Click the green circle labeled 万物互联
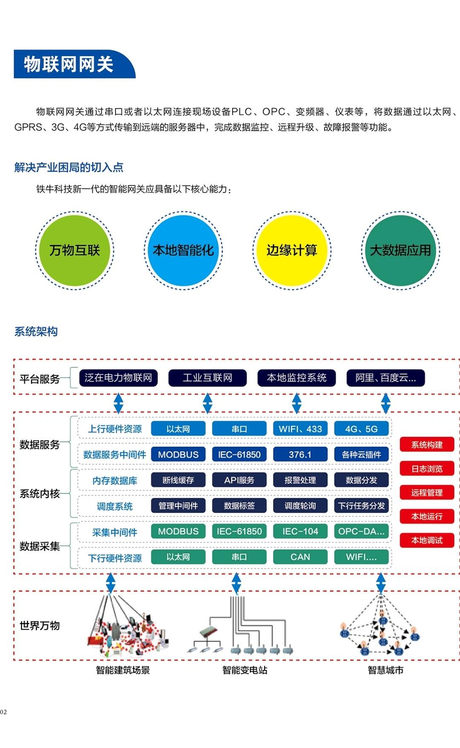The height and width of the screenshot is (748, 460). point(75,251)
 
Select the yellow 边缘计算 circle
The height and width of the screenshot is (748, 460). point(292,251)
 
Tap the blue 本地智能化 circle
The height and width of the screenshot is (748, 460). point(183,251)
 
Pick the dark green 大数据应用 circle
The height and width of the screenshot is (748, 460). point(400,251)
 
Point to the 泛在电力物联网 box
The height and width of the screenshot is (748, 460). point(118,378)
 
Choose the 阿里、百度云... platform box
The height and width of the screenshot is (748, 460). point(385,378)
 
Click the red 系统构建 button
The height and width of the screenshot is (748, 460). point(427,445)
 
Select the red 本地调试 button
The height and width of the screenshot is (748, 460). point(427,540)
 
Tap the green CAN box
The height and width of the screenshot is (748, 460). point(300,557)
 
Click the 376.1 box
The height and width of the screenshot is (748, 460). point(300,455)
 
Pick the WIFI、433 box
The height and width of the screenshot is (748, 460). point(300,429)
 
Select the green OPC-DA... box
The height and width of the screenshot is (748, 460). point(361,531)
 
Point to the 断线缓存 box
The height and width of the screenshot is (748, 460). point(178,480)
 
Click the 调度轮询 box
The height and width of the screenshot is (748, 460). point(300,506)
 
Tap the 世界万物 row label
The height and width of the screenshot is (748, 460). point(40,626)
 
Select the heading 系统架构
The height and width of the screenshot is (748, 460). point(36,332)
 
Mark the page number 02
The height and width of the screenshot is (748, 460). point(3,712)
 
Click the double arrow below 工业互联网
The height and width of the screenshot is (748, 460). point(207,403)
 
